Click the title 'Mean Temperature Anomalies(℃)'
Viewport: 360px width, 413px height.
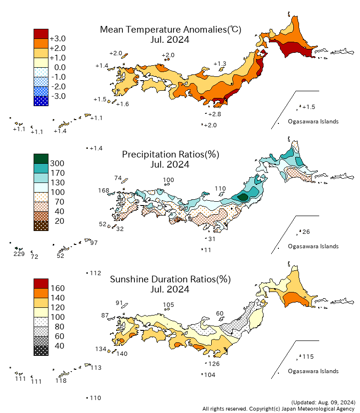point(170,30)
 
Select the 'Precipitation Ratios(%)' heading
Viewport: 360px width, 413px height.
point(170,155)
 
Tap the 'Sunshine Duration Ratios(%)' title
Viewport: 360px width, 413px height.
point(170,279)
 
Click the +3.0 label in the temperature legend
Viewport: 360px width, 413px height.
point(58,39)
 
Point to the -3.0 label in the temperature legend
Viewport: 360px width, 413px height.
point(58,97)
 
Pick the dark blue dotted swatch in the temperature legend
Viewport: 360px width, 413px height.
point(41,101)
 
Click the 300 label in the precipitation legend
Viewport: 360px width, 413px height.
point(57,164)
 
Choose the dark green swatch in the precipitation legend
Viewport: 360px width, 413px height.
point(41,158)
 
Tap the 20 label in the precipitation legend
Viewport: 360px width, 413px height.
point(57,221)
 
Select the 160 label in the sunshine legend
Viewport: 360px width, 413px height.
point(57,289)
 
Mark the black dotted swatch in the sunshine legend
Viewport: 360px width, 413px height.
point(41,351)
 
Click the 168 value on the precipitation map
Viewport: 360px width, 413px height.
point(104,191)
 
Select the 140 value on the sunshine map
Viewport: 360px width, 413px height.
point(121,354)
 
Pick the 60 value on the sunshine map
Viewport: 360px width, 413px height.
point(220,314)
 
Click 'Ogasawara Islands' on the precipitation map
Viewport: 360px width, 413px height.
point(313,246)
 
